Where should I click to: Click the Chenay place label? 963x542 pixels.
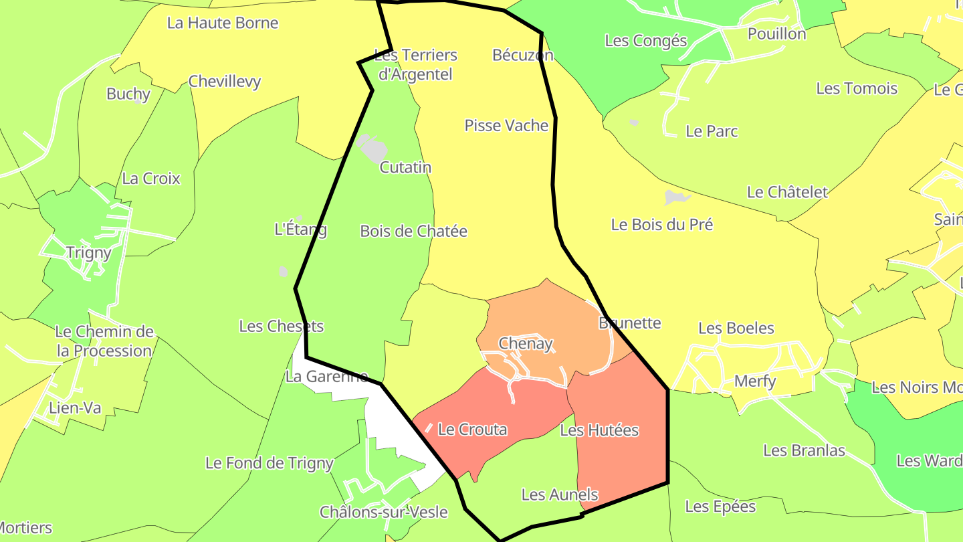tap(526, 344)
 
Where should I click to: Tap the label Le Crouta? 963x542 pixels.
tap(472, 430)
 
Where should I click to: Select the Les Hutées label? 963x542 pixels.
tap(599, 430)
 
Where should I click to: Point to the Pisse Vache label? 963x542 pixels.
tap(506, 126)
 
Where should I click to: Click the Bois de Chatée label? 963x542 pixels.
tap(413, 232)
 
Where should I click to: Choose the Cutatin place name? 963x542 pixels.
tap(405, 168)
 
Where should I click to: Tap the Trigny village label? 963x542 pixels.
tap(88, 253)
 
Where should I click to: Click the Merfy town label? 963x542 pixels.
tap(755, 381)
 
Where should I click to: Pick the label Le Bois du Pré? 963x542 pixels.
tap(662, 225)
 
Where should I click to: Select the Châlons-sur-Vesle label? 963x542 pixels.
tap(383, 513)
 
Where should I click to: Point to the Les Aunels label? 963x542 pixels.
tap(559, 495)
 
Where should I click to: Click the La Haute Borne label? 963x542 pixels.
tap(223, 23)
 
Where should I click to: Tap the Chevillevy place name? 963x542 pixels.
tap(225, 82)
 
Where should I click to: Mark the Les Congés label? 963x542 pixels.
tap(645, 41)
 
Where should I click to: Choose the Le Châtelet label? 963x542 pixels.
tap(787, 193)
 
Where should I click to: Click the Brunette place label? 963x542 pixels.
tap(630, 323)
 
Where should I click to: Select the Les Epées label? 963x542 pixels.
tap(720, 507)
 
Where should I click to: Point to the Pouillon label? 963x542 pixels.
tap(776, 33)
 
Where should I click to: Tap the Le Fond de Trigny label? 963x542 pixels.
tap(269, 463)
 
